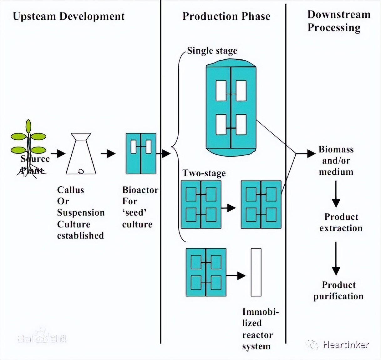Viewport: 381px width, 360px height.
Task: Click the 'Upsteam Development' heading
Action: point(69,16)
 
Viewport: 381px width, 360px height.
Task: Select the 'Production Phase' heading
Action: point(226,16)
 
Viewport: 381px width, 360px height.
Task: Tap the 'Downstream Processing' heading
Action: point(338,21)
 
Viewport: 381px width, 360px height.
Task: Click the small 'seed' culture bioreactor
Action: point(141,153)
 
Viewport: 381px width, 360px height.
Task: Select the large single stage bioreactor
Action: point(231,108)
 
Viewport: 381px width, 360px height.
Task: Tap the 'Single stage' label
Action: point(212,51)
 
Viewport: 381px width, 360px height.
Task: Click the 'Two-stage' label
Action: point(204,173)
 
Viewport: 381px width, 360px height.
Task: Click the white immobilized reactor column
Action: point(256,272)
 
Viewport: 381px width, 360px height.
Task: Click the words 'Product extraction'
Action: point(341,222)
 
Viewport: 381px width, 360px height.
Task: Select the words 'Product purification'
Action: point(338,291)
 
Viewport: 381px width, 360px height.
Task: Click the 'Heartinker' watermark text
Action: point(346,345)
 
